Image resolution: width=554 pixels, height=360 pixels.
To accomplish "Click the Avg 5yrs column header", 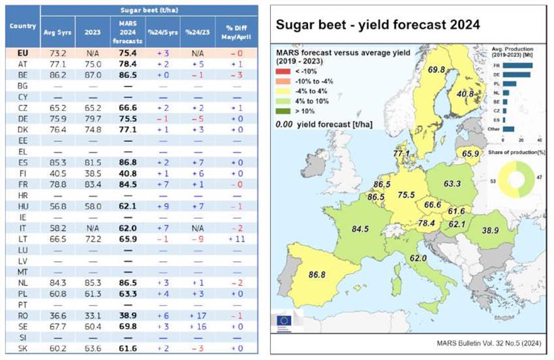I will click(57, 30).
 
